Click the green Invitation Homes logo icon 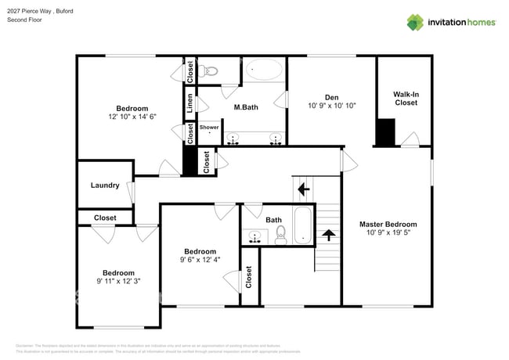click(x=415, y=22)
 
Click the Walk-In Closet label click(x=405, y=98)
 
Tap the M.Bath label click(x=246, y=106)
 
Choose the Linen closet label click(x=190, y=102)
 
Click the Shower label click(x=209, y=127)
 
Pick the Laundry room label click(x=105, y=185)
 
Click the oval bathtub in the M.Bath click(x=264, y=71)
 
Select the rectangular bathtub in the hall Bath click(x=303, y=225)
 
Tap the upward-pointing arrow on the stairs click(x=328, y=233)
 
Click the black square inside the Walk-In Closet click(x=385, y=131)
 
